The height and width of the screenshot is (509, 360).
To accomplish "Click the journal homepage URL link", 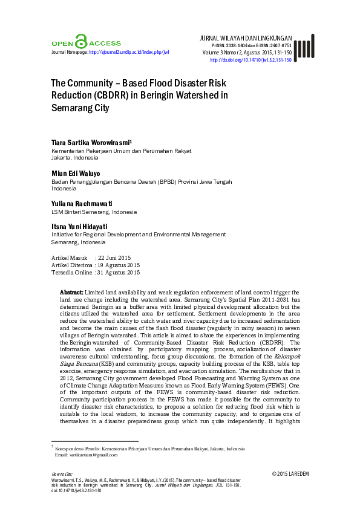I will point(129,53).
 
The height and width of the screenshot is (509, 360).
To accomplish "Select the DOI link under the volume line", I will point(250,60).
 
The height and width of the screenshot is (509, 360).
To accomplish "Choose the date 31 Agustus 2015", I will point(121,273).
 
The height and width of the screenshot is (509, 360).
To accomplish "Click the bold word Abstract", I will point(72,291).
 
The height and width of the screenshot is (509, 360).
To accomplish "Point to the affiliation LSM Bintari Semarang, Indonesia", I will point(94,212).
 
